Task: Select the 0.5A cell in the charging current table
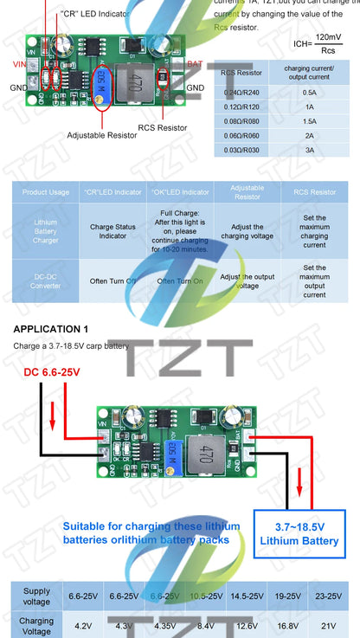[308, 91]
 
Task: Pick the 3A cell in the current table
[308, 150]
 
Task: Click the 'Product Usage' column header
[46, 191]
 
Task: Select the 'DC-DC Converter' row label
[46, 280]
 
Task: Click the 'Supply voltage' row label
[36, 596]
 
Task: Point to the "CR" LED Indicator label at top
[96, 15]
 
